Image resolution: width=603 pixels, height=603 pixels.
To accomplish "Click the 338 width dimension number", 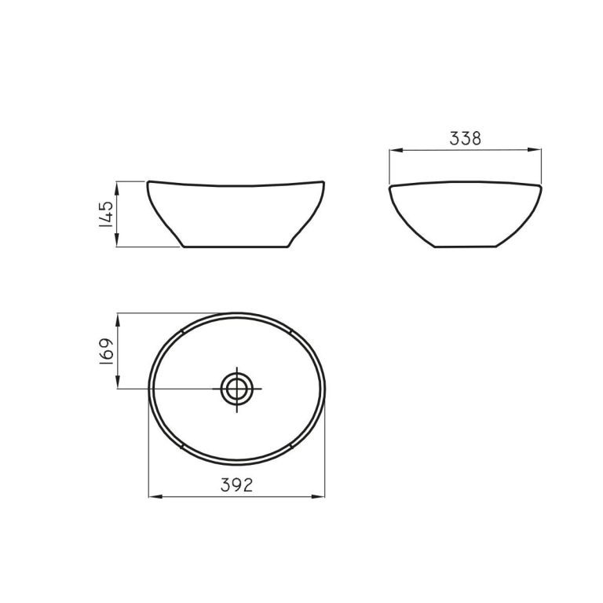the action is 466,139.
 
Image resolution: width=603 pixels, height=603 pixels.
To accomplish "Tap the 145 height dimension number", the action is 106,214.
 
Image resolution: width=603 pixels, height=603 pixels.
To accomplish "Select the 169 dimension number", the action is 106,352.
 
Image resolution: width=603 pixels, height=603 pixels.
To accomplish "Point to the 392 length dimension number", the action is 236,485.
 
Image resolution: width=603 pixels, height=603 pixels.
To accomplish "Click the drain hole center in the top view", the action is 237,389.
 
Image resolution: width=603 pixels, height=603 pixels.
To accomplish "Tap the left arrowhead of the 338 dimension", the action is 396,150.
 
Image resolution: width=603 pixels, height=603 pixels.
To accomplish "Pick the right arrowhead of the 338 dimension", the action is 535,150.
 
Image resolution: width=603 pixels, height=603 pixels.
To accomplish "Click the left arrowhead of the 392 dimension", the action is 155,497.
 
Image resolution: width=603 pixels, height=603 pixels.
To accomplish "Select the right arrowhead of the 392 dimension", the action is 318,497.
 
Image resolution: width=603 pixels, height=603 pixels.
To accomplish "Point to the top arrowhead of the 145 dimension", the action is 117,188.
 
